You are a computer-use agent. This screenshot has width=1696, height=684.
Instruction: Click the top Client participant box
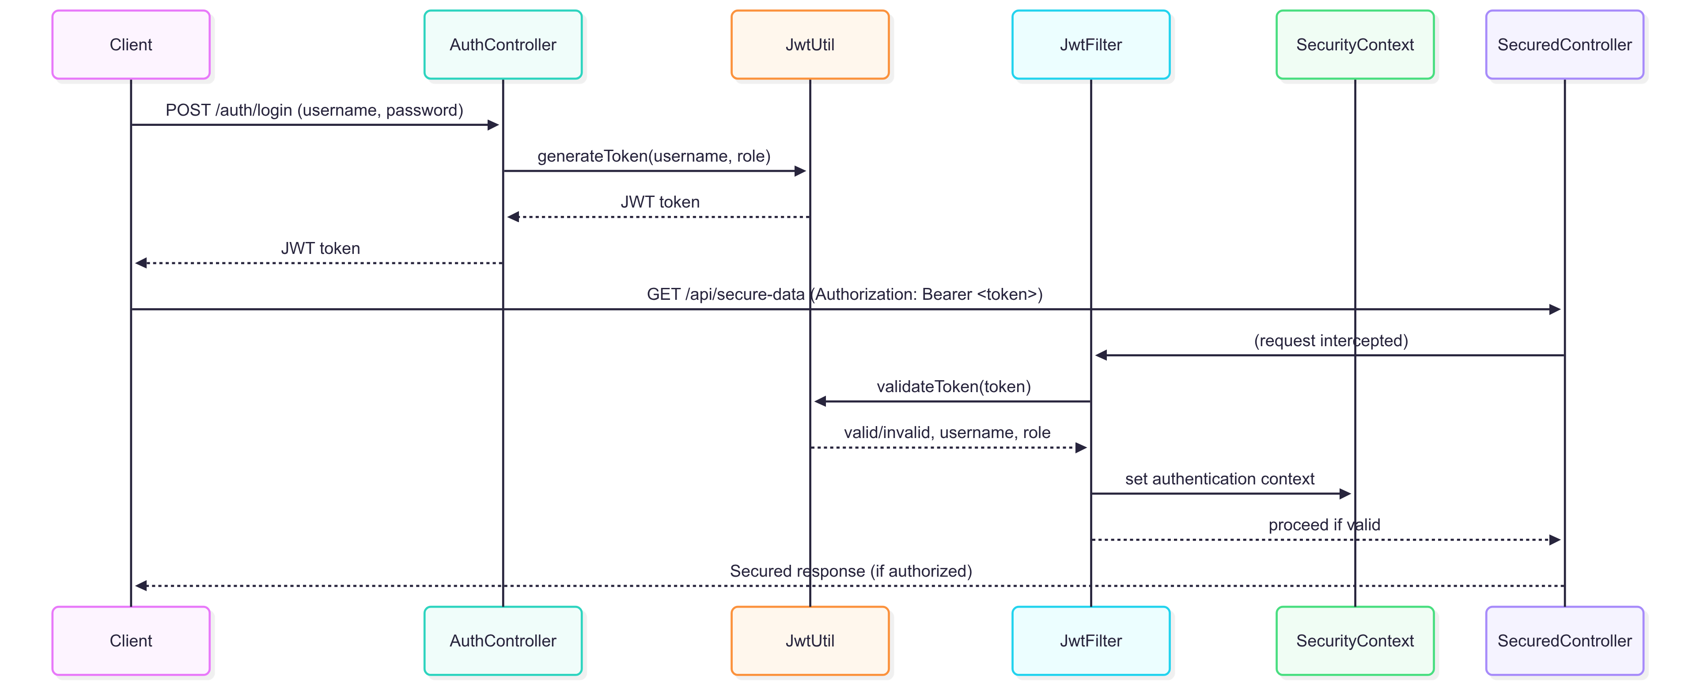coord(131,45)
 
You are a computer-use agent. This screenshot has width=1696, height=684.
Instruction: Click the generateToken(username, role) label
coord(653,156)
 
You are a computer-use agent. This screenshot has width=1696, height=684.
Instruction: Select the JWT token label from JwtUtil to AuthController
coord(660,202)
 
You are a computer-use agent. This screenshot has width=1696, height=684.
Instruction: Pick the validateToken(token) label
coord(954,386)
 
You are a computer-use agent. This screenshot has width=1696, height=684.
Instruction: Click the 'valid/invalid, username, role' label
coord(947,432)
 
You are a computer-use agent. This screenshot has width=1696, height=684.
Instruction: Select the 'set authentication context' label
coord(1219,479)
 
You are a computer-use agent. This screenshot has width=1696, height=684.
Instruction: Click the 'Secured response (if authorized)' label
coord(851,571)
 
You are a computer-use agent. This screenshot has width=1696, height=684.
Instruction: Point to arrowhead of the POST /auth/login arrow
coord(493,125)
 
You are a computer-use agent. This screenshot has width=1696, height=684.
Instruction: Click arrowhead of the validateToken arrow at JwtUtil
coord(820,401)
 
